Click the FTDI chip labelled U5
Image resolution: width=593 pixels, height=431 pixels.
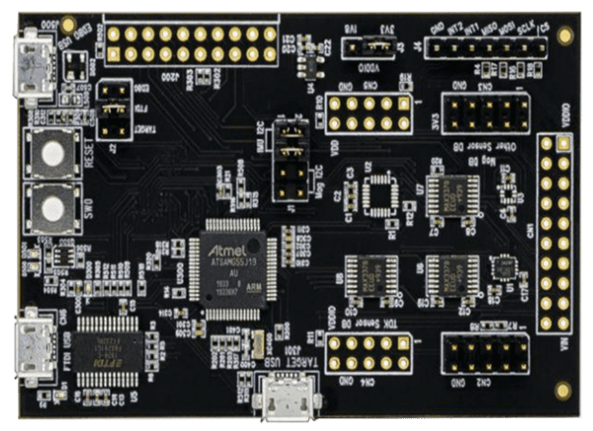point(108,346)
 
